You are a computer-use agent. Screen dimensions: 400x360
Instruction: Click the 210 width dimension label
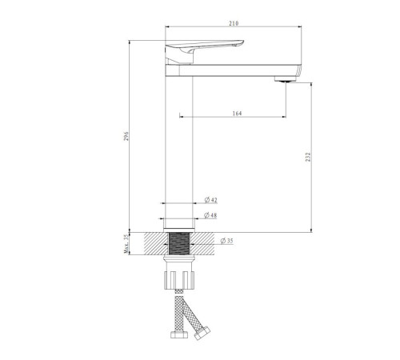[x=234, y=23]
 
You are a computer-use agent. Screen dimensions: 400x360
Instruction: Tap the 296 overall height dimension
[x=126, y=136]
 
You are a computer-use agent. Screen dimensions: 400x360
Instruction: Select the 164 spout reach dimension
[x=237, y=114]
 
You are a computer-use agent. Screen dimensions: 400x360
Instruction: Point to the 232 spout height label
[x=308, y=157]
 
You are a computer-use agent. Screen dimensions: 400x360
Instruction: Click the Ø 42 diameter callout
[x=211, y=200]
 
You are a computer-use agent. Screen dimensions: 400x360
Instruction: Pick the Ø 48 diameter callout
[x=210, y=215]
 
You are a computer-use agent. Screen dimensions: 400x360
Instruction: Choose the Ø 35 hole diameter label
[x=226, y=241]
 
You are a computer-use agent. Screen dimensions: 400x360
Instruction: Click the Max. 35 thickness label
[x=126, y=244]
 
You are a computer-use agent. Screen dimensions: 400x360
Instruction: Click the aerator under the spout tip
[x=286, y=79]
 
